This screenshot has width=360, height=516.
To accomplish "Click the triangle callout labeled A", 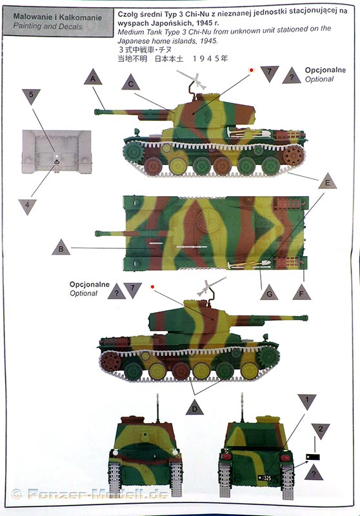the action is click(x=93, y=77).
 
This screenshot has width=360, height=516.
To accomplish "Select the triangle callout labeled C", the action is click(x=130, y=83).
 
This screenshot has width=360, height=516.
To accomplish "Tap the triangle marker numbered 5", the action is click(x=31, y=95).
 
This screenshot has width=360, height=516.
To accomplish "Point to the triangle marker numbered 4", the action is click(x=27, y=206).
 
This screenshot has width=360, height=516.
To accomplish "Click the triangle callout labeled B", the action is click(x=61, y=248).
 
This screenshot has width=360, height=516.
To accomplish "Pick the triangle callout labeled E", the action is click(x=328, y=181).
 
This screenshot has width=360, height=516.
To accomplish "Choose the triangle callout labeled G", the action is click(x=269, y=293).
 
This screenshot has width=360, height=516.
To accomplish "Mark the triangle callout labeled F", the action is click(x=301, y=293).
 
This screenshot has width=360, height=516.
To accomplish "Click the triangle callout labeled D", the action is click(x=194, y=408).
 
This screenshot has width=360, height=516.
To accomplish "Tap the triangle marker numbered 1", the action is click(x=306, y=401).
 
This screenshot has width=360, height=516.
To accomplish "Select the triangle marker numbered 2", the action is click(x=321, y=430).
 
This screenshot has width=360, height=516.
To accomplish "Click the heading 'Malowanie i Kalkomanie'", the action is click(x=57, y=17).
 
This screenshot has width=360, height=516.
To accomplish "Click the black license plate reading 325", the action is click(x=265, y=477).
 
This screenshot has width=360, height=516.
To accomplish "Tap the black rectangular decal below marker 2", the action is click(x=313, y=457).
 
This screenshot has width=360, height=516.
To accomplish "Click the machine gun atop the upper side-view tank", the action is click(x=192, y=79).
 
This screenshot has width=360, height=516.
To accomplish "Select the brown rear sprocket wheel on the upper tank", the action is click(x=293, y=155).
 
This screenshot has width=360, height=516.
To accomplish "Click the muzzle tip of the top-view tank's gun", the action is click(x=97, y=233).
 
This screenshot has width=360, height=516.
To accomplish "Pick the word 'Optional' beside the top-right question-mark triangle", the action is click(x=319, y=79).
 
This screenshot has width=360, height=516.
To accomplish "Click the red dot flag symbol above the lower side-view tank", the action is click(x=152, y=286).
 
